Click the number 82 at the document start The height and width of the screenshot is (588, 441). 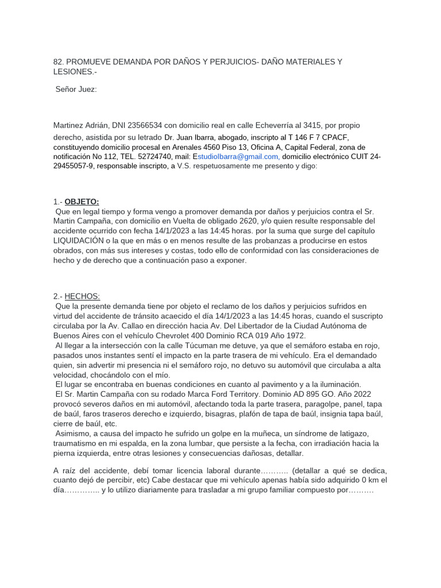pyautogui.click(x=58, y=61)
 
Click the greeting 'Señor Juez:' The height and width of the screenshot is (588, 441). pyautogui.click(x=76, y=89)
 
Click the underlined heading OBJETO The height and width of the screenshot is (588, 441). pyautogui.click(x=82, y=202)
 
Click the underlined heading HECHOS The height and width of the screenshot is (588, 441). pyautogui.click(x=82, y=296)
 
